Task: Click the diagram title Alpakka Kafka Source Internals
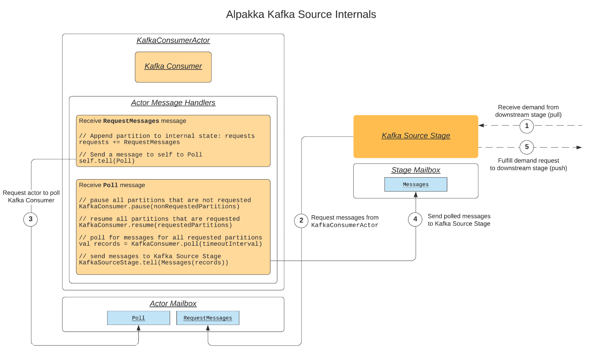[x=301, y=14]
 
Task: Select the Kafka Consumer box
[x=173, y=67]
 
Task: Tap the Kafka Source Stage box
[x=416, y=136]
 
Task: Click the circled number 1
[x=527, y=126]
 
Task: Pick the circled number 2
[x=301, y=220]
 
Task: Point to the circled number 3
[x=30, y=219]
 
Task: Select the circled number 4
[x=415, y=219]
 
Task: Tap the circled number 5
[x=527, y=147]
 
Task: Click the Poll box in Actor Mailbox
[x=138, y=318]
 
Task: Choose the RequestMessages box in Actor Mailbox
[x=208, y=318]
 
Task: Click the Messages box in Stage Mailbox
[x=416, y=184]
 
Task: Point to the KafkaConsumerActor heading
[x=173, y=40]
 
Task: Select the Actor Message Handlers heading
[x=173, y=103]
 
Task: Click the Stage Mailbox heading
[x=416, y=170]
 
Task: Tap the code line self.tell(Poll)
[x=107, y=161]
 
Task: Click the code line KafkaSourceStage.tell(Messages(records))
[x=154, y=263]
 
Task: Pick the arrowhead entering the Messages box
[x=416, y=195]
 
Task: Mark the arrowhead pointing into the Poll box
[x=138, y=328]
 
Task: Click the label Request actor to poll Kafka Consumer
[x=31, y=197]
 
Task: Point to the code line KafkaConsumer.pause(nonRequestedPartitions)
[x=159, y=206]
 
